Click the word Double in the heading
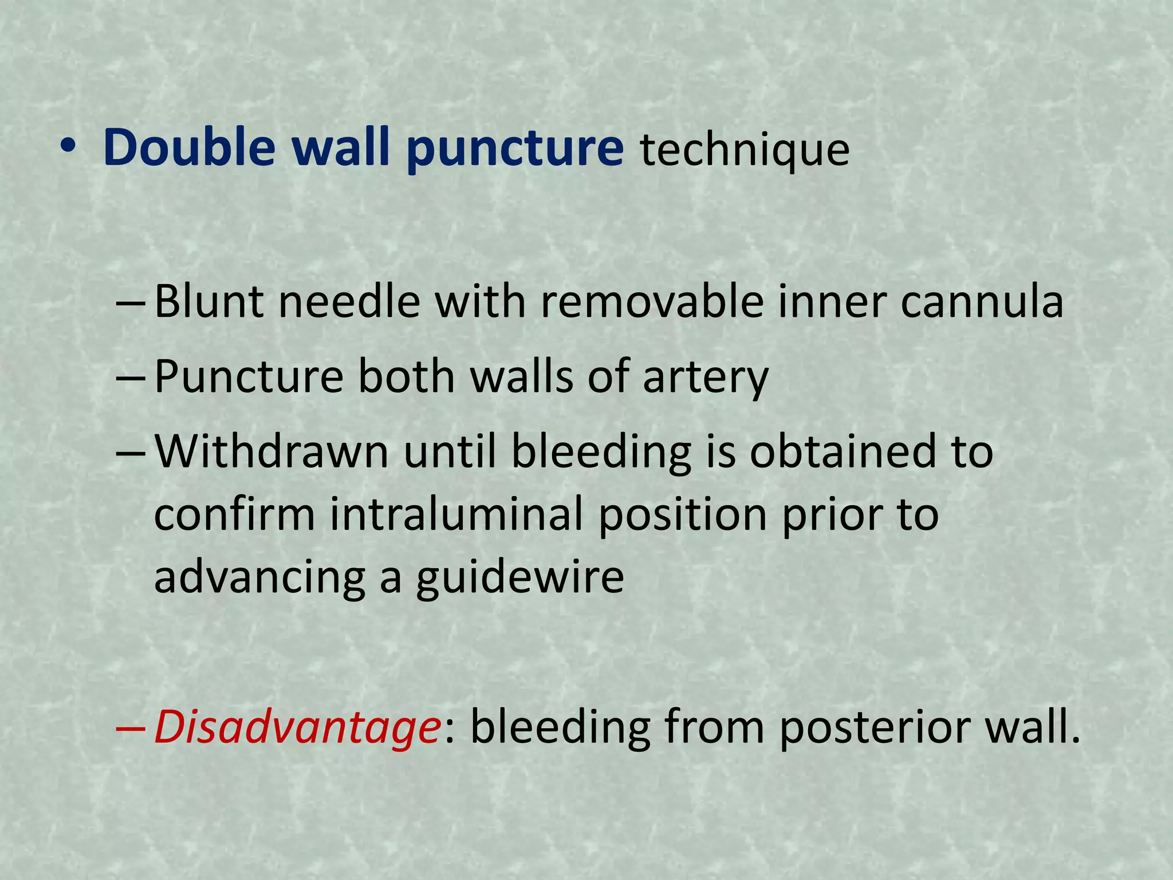(x=189, y=148)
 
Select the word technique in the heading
(x=745, y=150)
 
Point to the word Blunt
(x=209, y=301)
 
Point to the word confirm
(x=235, y=514)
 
